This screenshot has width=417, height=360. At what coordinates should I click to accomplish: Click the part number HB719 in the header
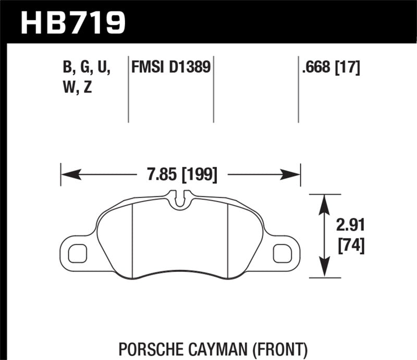72,22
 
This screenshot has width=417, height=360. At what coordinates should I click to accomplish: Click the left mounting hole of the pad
77,253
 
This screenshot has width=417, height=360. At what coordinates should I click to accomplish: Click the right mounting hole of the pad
283,253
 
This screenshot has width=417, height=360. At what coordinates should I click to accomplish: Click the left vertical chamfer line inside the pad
133,240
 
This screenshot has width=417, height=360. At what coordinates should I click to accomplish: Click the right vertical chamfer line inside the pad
229,240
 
